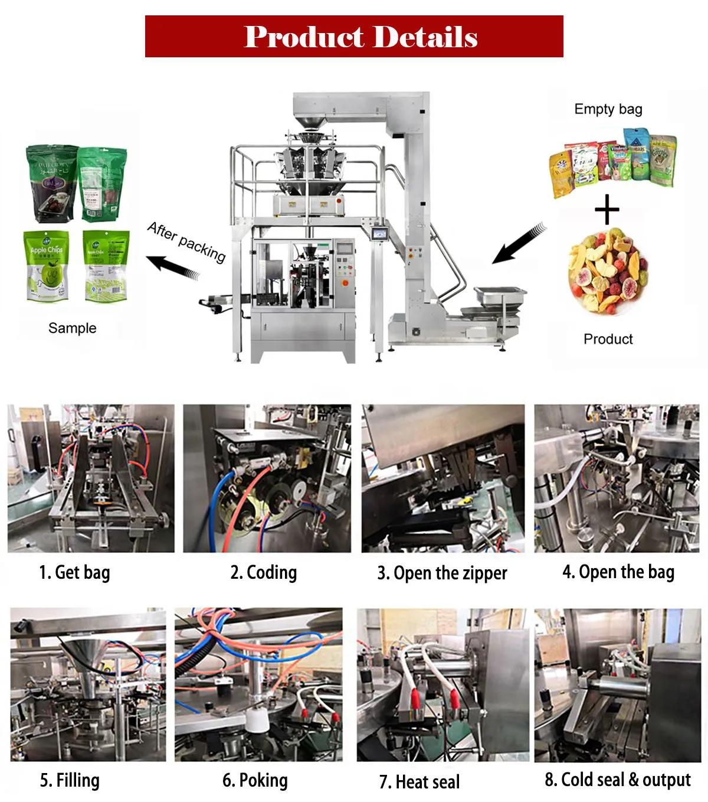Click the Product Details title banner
[354, 37]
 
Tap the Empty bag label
[608, 109]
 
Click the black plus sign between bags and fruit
[607, 210]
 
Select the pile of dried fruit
[608, 272]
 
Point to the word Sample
[72, 328]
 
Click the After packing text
[186, 242]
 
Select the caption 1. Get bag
[74, 573]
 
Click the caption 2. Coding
[263, 573]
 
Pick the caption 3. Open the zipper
[442, 573]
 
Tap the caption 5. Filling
[70, 781]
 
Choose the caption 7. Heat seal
[419, 782]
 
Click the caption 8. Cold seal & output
[617, 780]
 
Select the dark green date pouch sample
[51, 184]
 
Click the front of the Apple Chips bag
[46, 266]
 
